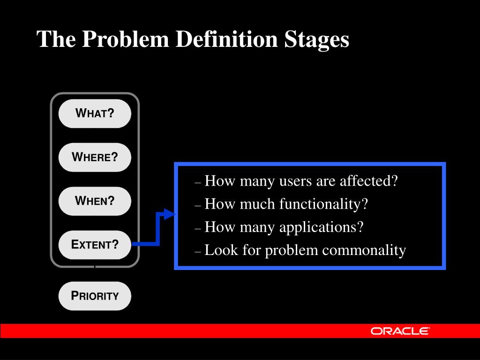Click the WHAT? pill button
pos(95,113)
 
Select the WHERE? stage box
pos(95,157)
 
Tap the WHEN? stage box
pos(95,201)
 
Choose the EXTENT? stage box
pos(95,245)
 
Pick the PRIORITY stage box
pos(95,296)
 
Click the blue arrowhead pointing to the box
pos(170,214)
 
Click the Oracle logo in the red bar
pos(400,331)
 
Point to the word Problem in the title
pos(126,39)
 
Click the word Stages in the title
pos(316,40)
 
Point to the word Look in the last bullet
pos(221,250)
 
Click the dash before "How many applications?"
pos(197,229)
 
